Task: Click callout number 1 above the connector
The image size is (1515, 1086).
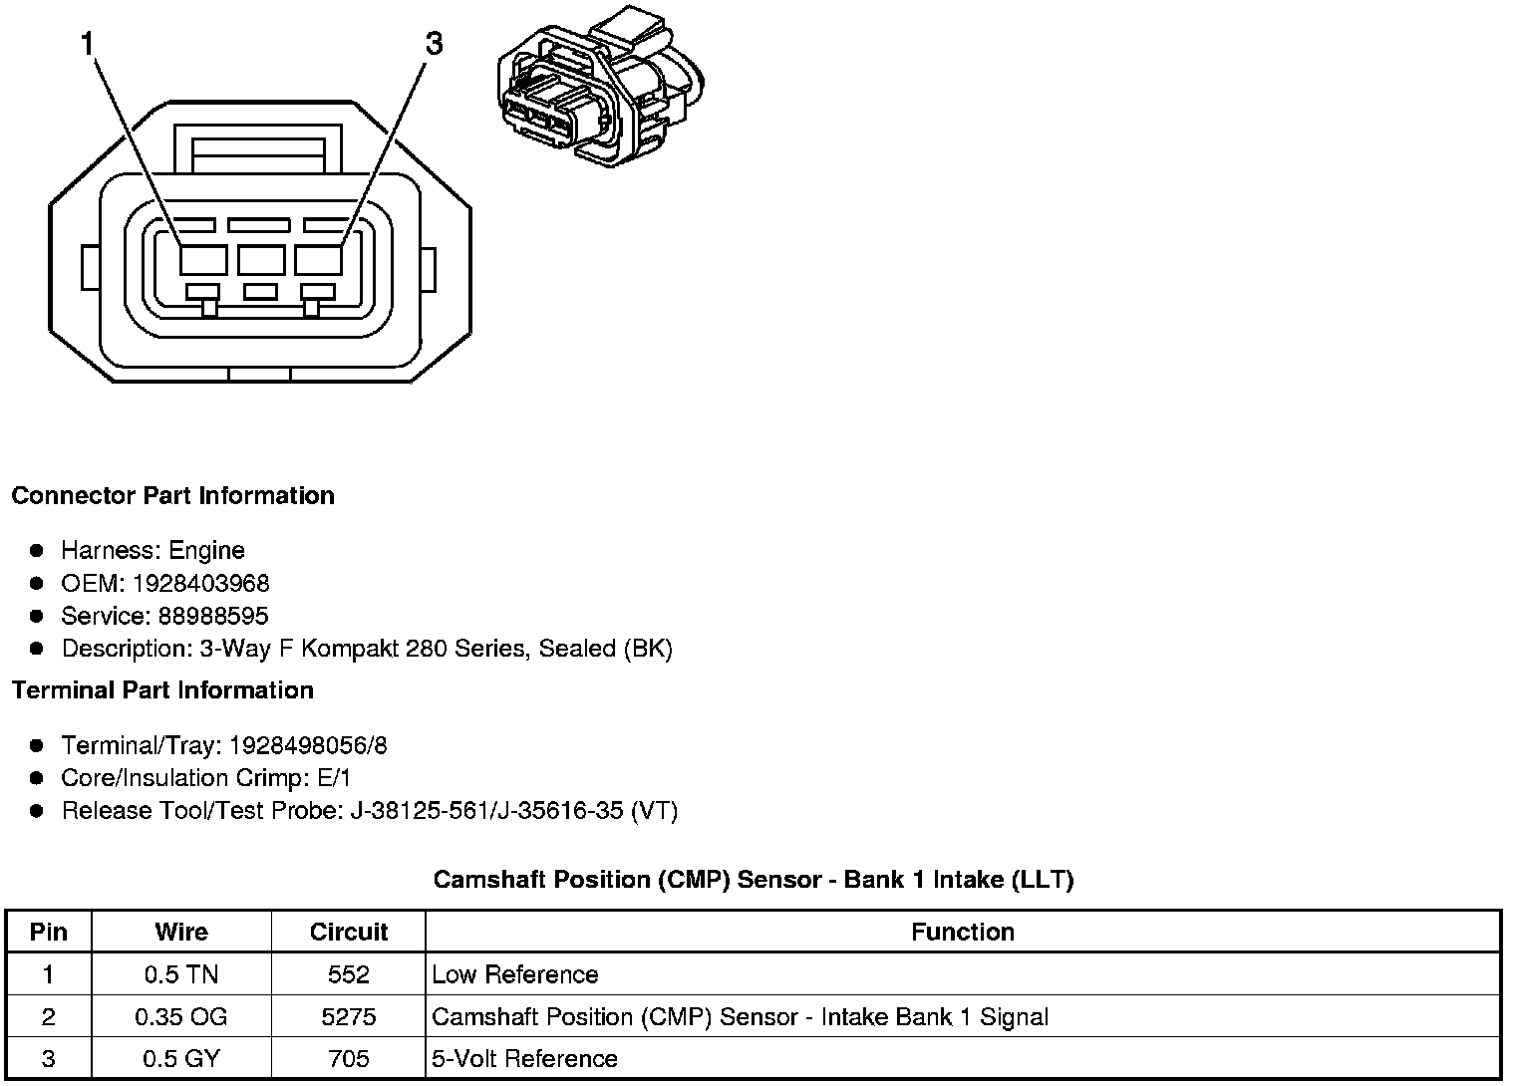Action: click(x=88, y=44)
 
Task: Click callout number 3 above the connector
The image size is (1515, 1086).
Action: click(x=434, y=44)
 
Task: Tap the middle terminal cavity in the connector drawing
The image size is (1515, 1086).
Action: click(x=261, y=260)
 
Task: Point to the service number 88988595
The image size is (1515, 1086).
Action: click(x=212, y=616)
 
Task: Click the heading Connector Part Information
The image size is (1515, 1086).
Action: click(x=172, y=496)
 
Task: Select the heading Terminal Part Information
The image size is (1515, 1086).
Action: click(x=162, y=690)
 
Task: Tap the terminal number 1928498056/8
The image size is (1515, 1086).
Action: click(x=308, y=745)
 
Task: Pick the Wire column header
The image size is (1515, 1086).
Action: click(x=181, y=932)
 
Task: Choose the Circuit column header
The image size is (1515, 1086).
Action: click(x=348, y=932)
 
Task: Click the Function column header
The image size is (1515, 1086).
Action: click(x=962, y=932)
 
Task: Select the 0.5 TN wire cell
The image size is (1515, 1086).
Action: click(x=181, y=974)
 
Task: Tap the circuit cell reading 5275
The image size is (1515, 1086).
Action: click(x=348, y=1016)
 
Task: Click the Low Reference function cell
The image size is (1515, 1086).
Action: click(x=515, y=974)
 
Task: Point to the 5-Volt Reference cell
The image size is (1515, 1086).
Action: click(x=524, y=1058)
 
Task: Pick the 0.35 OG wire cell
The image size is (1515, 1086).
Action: click(x=181, y=1016)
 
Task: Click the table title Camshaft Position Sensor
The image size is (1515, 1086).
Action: click(x=753, y=880)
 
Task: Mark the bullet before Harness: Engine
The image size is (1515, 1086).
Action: click(x=37, y=550)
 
